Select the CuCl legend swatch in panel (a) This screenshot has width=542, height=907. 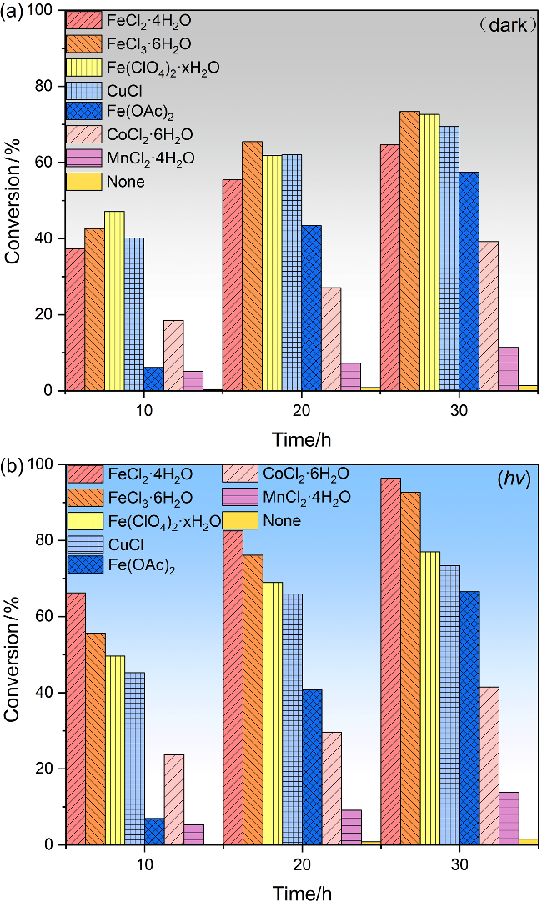pyautogui.click(x=84, y=92)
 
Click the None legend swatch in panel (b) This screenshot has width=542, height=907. pyautogui.click(x=239, y=521)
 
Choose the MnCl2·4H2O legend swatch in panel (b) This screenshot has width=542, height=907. pyautogui.click(x=239, y=498)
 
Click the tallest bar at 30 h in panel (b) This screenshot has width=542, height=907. pyautogui.click(x=390, y=661)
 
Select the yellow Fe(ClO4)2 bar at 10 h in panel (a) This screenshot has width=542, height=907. pyautogui.click(x=114, y=301)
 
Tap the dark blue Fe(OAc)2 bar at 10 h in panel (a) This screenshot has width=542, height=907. pyautogui.click(x=154, y=378)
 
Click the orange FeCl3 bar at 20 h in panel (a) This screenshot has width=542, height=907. pyautogui.click(x=252, y=266)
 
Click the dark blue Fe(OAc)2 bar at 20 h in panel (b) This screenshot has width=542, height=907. pyautogui.click(x=312, y=767)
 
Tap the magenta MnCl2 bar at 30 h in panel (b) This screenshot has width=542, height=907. pyautogui.click(x=509, y=819)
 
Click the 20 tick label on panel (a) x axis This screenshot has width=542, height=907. pyautogui.click(x=302, y=411)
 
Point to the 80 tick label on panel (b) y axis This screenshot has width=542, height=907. pyautogui.click(x=44, y=540)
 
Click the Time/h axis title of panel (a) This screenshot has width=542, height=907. pyautogui.click(x=302, y=441)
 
